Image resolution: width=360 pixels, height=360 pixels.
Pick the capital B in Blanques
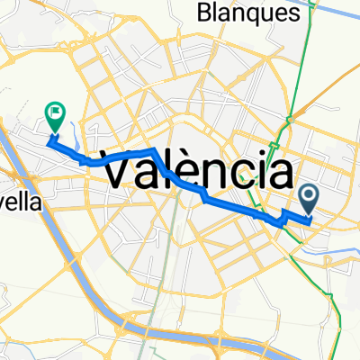click(203, 13)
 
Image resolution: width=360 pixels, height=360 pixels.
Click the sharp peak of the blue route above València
click(156, 148)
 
